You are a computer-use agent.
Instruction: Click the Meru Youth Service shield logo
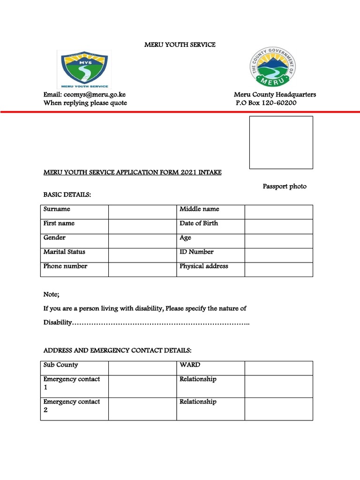tap(82, 69)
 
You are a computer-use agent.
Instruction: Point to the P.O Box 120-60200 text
tap(266, 103)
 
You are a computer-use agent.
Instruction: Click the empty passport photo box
tap(281, 142)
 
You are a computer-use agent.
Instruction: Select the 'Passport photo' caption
tap(284, 187)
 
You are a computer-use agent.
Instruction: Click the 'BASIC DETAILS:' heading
tap(67, 195)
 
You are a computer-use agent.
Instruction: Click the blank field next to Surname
tap(142, 212)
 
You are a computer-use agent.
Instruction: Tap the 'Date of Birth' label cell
tap(199, 224)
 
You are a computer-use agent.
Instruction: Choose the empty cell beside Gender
tap(142, 241)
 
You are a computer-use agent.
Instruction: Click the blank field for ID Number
tap(278, 255)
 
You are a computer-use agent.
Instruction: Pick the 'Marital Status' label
tap(64, 252)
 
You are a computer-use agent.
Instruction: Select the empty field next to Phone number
tap(142, 270)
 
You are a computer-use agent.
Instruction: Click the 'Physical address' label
tap(204, 266)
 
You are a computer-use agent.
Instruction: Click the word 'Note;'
tap(52, 294)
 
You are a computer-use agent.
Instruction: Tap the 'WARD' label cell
tap(190, 365)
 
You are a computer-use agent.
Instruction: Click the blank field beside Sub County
tap(142, 368)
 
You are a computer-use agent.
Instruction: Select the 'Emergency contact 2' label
tap(71, 406)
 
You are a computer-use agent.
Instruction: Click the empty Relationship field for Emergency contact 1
tap(278, 386)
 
